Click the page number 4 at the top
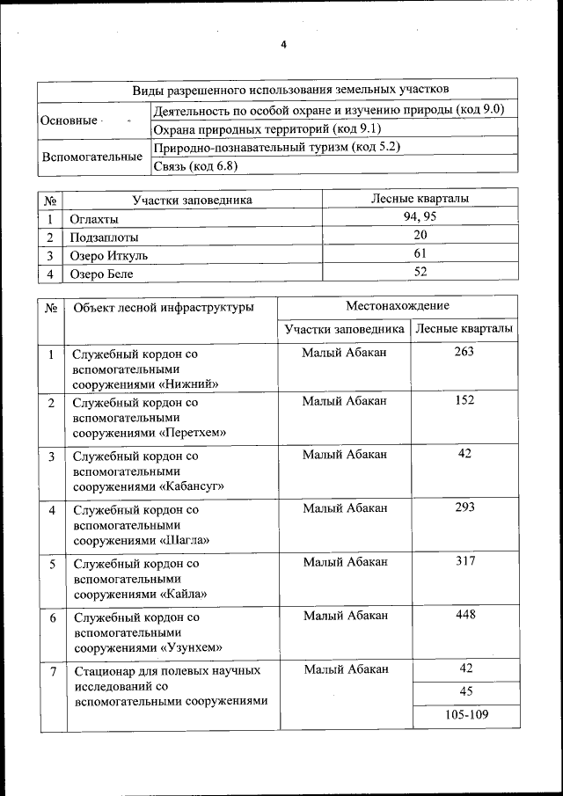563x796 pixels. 283,45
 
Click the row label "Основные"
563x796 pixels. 69,120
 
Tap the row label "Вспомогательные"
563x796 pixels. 92,157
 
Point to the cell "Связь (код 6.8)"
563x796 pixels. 195,165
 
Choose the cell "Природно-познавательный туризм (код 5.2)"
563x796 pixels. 276,147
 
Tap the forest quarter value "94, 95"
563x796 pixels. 420,217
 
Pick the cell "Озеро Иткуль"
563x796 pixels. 110,256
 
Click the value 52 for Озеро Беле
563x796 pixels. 420,273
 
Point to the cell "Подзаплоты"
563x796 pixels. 105,237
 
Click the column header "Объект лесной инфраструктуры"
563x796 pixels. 165,308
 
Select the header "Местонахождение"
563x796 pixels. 397,305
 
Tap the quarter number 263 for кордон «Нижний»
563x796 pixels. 464,352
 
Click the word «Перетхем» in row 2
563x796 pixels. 193,433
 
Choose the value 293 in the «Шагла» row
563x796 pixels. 464,508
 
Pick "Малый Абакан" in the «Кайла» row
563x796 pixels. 345,560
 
